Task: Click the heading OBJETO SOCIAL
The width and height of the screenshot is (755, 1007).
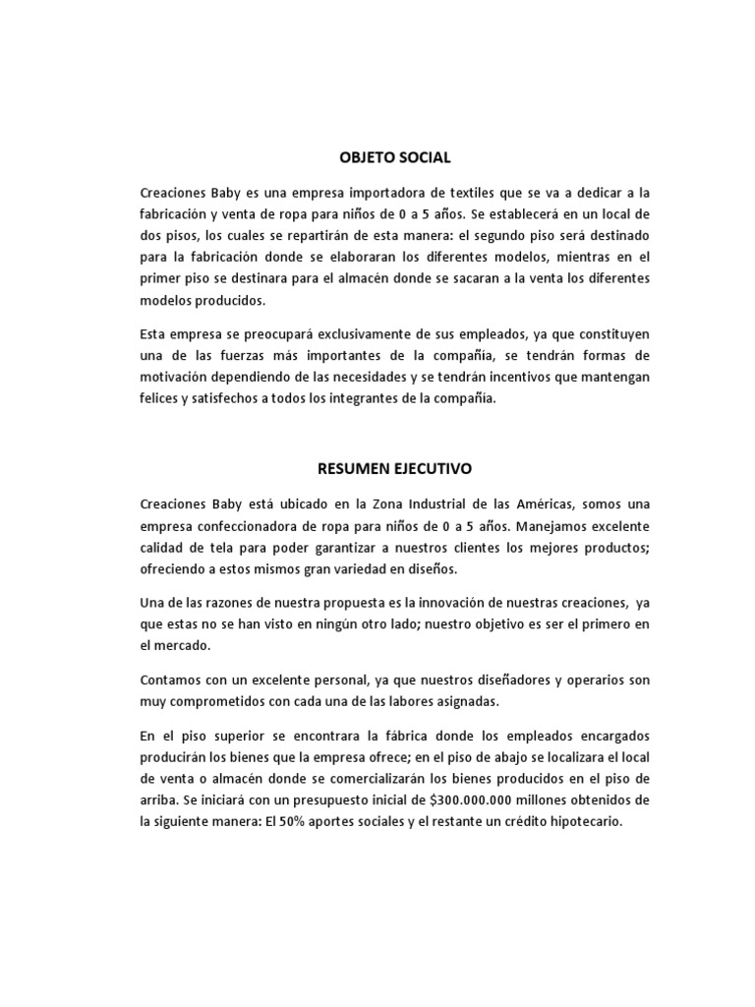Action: click(x=394, y=156)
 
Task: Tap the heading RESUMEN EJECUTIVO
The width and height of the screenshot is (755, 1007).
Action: click(x=394, y=469)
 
